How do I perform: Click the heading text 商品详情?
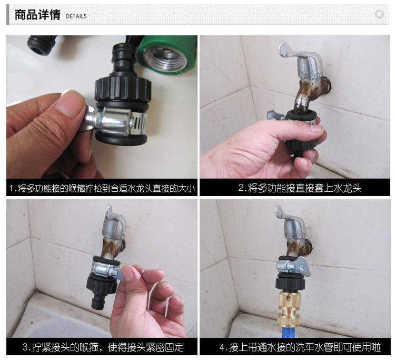pyautogui.click(x=37, y=15)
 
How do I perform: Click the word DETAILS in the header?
pyautogui.click(x=76, y=16)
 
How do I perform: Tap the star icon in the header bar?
pyautogui.click(x=379, y=14)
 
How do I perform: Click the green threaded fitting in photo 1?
pyautogui.click(x=166, y=55)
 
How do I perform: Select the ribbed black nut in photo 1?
pyautogui.click(x=123, y=89)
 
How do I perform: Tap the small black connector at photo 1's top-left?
pyautogui.click(x=42, y=45)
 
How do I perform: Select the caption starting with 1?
pyautogui.click(x=102, y=188)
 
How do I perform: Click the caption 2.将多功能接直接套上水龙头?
pyautogui.click(x=300, y=188)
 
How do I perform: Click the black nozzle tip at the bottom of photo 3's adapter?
pyautogui.click(x=98, y=302)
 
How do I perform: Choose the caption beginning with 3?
pyautogui.click(x=103, y=347)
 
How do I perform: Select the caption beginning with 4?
pyautogui.click(x=300, y=347)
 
